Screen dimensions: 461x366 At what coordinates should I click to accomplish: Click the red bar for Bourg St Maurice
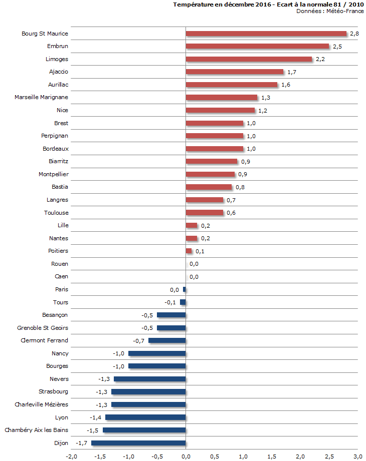click(x=266, y=34)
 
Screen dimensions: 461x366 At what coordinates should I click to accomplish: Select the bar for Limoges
click(x=249, y=59)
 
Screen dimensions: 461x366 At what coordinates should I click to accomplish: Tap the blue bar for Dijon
click(x=138, y=443)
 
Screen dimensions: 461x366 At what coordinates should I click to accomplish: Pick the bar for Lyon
click(x=145, y=417)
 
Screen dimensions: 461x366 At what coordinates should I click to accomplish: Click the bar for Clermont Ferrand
click(x=166, y=340)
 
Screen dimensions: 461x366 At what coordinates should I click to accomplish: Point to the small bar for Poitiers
click(x=189, y=251)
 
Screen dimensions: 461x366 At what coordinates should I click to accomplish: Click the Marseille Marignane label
click(x=41, y=97)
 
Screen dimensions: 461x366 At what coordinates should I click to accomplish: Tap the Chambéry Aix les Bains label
click(x=36, y=430)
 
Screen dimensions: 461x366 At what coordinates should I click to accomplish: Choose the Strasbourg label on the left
click(x=53, y=391)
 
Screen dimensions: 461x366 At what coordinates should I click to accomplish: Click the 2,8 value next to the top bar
click(x=354, y=34)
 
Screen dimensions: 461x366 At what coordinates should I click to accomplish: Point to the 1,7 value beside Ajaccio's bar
click(x=292, y=72)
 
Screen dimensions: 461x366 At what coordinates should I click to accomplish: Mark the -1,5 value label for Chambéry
click(x=92, y=430)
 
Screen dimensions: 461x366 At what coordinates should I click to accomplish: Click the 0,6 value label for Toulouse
click(x=231, y=213)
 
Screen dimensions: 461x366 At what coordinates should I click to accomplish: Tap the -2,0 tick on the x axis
click(x=71, y=456)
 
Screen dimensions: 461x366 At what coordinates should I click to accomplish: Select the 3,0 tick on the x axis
click(x=357, y=456)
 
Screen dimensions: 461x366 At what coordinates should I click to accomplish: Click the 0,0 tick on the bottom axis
click(x=186, y=456)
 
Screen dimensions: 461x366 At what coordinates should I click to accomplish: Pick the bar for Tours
click(x=183, y=302)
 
